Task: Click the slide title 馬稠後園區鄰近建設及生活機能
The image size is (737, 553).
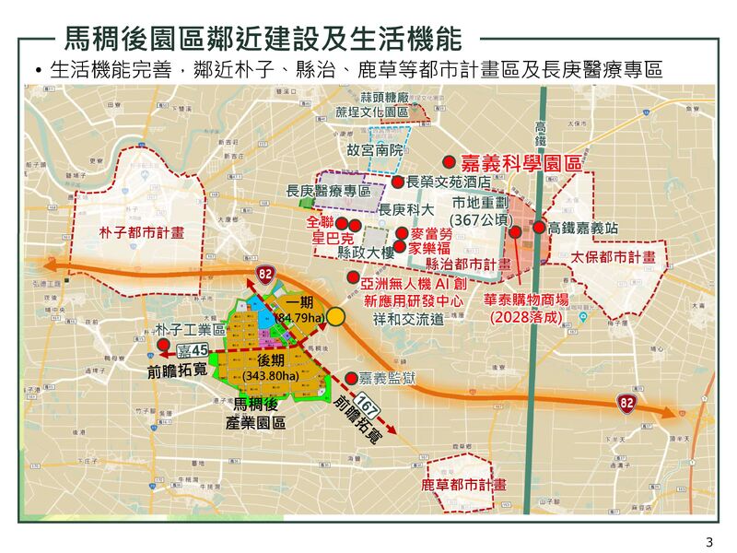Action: [262, 39]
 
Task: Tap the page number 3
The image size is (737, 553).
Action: [708, 540]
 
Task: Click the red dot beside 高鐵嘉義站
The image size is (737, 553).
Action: [538, 227]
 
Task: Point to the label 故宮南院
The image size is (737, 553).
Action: [375, 148]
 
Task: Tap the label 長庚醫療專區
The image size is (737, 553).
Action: [328, 191]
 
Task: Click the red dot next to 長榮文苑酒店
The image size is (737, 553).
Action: [397, 182]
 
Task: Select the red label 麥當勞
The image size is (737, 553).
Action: [430, 234]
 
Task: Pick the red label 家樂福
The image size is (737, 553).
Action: [430, 248]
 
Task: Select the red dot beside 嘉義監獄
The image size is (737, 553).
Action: [351, 378]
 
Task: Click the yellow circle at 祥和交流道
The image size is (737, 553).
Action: [337, 316]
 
